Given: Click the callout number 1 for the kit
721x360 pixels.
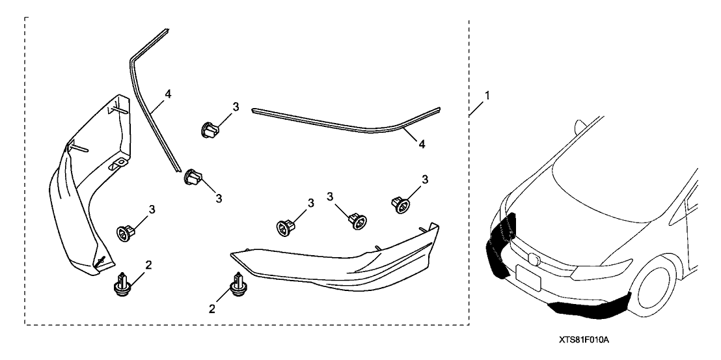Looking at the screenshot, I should coord(488,96).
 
